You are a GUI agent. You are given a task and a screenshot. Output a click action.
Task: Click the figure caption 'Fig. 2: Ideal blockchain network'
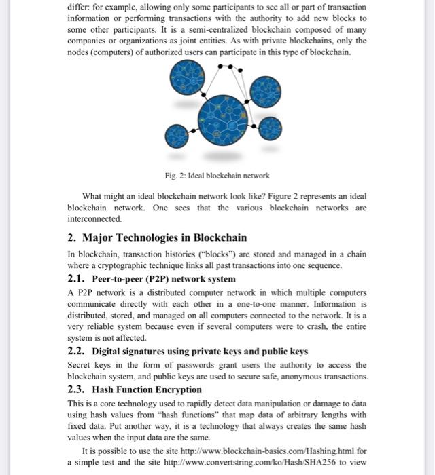point(217,175)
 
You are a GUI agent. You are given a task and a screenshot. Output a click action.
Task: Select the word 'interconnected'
point(94,219)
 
